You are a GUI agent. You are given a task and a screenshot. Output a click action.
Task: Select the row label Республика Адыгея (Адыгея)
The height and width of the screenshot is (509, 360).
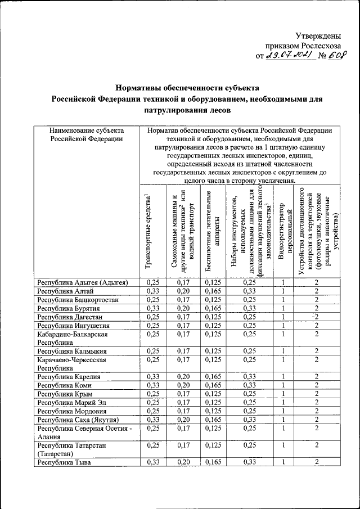pos(83,282)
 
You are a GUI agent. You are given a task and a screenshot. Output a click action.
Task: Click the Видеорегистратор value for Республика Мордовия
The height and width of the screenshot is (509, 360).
pos(284,411)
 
